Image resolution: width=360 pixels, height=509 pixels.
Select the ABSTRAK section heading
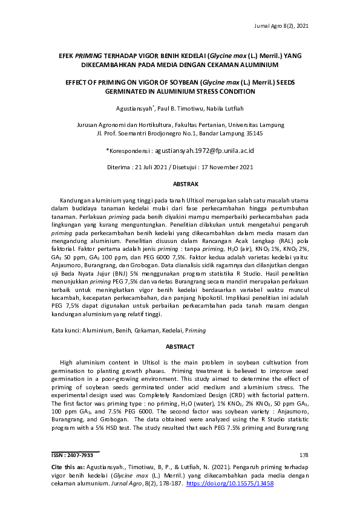[x=180, y=183]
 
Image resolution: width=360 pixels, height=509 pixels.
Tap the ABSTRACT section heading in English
[x=180, y=346]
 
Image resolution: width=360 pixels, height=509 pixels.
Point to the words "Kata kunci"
[x=65, y=330]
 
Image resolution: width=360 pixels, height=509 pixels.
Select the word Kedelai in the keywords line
[x=169, y=330]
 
